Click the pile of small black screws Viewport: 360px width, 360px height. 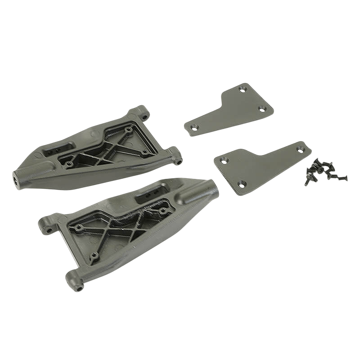pos(320,171)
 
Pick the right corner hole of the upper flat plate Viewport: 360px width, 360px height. pos(262,109)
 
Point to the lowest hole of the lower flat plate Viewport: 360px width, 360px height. pos(242,184)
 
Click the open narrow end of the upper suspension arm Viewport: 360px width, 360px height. pos(18,179)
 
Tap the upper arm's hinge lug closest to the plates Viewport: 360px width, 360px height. pos(177,157)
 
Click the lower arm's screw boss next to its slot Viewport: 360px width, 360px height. pos(162,210)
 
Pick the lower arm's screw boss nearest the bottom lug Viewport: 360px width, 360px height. pos(94,256)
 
